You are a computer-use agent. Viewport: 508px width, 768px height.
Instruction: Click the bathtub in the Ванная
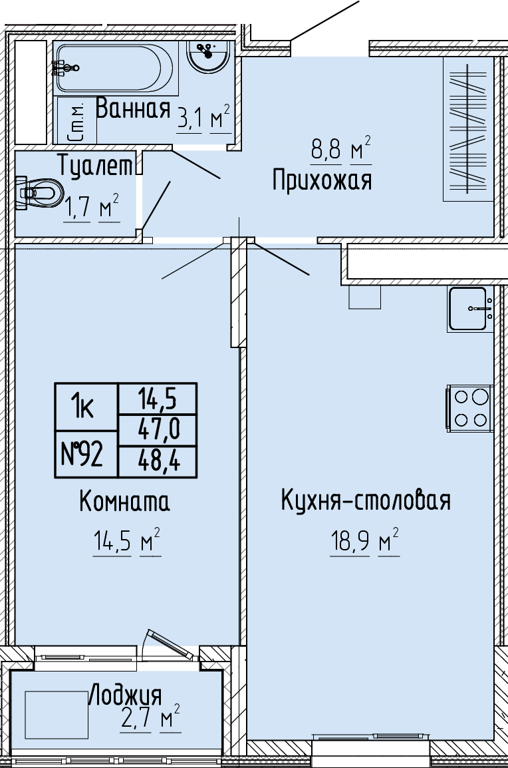pos(114,68)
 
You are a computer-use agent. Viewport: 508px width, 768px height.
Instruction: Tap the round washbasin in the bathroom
pos(208,56)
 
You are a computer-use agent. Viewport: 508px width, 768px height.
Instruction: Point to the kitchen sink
pos(470,309)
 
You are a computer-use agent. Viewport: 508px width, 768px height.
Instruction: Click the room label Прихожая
pos(322,180)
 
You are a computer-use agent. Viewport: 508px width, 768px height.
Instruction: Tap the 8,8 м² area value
pos(341,149)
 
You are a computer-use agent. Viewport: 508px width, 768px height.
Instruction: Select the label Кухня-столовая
pos(366,500)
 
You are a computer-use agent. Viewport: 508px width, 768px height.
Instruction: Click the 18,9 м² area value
pos(364,542)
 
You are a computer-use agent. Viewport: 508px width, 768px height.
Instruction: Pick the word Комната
pos(124,501)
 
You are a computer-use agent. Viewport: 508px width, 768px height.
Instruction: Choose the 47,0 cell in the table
pos(158,430)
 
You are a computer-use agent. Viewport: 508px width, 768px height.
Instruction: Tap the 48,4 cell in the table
pos(158,461)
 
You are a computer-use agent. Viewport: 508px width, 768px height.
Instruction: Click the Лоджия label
pos(125,695)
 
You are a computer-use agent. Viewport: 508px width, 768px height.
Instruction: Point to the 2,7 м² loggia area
pos(150,719)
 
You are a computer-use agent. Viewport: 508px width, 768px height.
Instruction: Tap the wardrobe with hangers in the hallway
pos(468,129)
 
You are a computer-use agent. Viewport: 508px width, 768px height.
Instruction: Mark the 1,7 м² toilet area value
pos(91,208)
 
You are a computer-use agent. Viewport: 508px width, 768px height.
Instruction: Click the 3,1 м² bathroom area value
pos(203,118)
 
